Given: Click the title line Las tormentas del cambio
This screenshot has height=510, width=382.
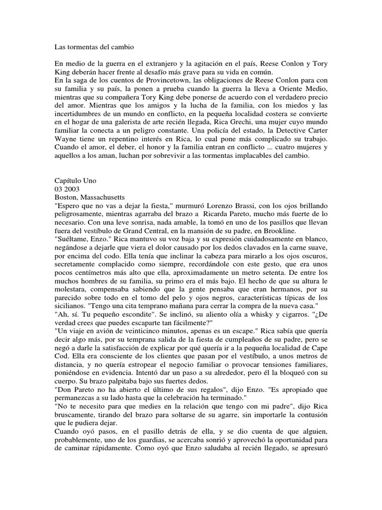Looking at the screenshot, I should [x=94, y=47].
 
